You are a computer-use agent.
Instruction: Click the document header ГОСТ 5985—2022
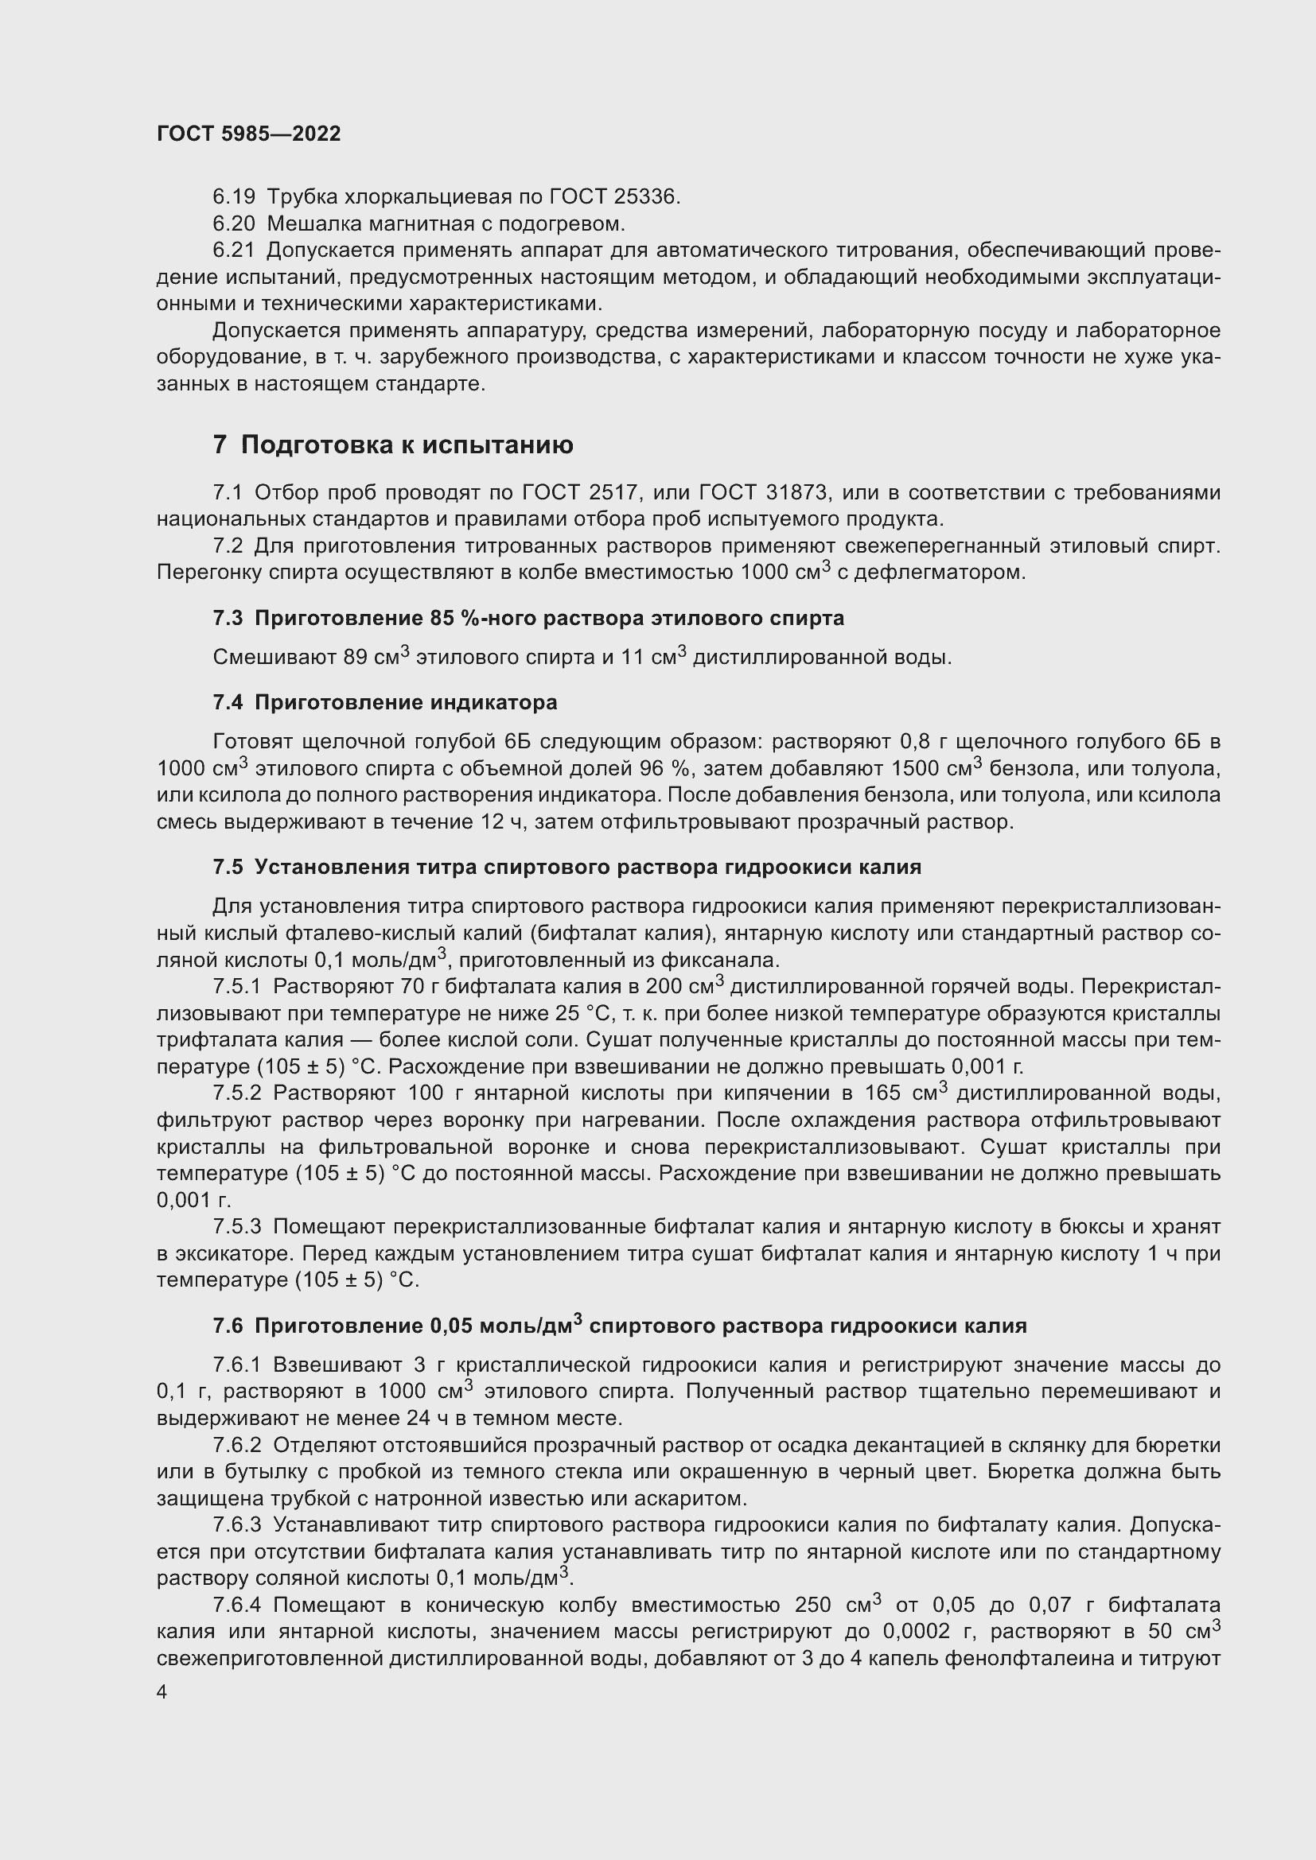tap(249, 134)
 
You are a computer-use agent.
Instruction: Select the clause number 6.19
tap(234, 197)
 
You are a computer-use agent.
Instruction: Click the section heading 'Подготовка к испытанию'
tap(407, 445)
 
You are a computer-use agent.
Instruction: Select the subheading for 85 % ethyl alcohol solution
tap(528, 618)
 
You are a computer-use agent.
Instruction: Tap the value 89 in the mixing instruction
tap(356, 657)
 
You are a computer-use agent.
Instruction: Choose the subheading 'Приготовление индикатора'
tap(385, 702)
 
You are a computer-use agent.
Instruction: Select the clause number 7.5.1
tap(237, 987)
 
